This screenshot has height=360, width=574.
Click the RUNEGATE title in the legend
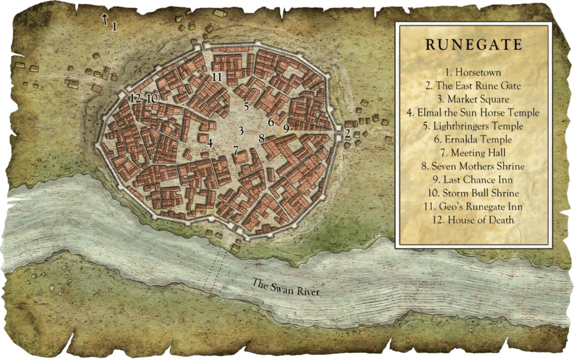(x=474, y=45)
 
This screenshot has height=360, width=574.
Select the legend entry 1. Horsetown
(x=474, y=73)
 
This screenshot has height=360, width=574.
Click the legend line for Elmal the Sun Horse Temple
(x=474, y=113)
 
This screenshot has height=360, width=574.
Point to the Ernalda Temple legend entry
(x=474, y=140)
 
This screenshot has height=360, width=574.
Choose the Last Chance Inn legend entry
(x=474, y=180)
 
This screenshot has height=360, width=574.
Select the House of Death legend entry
(x=474, y=220)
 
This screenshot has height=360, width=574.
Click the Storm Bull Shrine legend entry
(x=474, y=193)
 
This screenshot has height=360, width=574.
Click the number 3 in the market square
(x=240, y=131)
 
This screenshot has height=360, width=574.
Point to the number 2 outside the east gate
(x=348, y=133)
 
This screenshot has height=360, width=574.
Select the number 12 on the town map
(x=135, y=98)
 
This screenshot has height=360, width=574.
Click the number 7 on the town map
(x=236, y=150)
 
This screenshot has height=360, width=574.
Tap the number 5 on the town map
(x=246, y=105)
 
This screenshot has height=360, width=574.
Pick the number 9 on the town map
(x=286, y=128)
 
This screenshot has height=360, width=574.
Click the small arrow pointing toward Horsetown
(x=104, y=20)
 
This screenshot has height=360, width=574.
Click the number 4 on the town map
(x=210, y=142)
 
